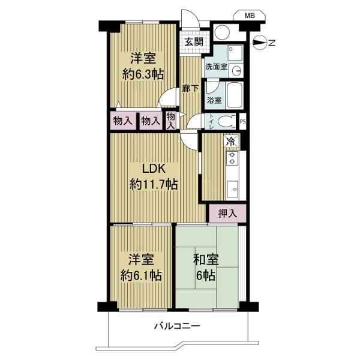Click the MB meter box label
(x=250, y=16)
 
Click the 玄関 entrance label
(x=194, y=42)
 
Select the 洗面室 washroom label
(x=216, y=67)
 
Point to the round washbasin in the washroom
(x=236, y=70)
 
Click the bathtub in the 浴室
(x=234, y=95)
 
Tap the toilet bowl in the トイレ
(x=227, y=121)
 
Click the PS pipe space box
(x=242, y=121)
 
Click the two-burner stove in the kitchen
(x=232, y=158)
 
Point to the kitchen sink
(x=233, y=189)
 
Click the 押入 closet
(x=227, y=213)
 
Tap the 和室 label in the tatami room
(x=206, y=259)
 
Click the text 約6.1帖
(x=141, y=275)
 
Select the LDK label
(x=154, y=169)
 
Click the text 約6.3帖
(x=143, y=74)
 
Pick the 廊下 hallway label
(x=190, y=89)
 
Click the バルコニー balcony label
(x=177, y=326)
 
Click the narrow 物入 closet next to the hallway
(x=171, y=121)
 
